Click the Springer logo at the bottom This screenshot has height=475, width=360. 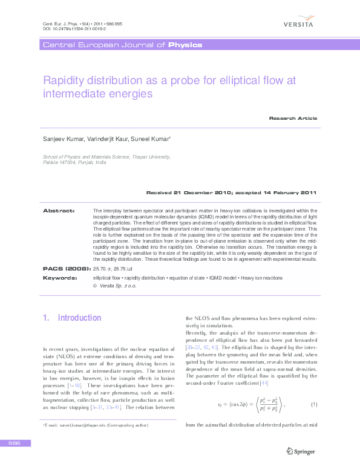tap(301, 450)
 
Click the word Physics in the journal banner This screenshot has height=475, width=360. tap(185, 45)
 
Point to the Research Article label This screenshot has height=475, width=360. tap(293, 118)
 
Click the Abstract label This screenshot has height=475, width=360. tap(58, 210)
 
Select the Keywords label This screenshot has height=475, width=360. tap(59, 277)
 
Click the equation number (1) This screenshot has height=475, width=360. tap(314, 404)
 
